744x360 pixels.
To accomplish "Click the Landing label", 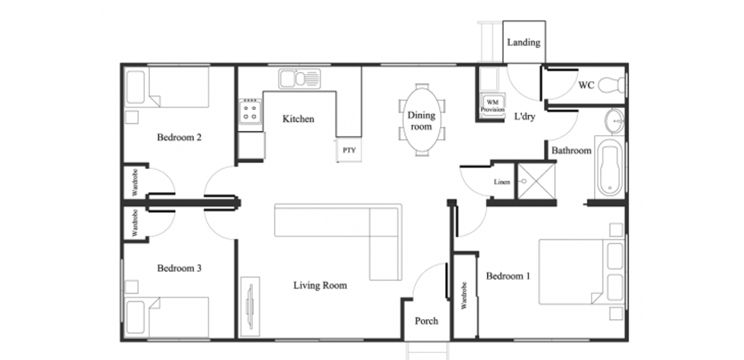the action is point(523,43).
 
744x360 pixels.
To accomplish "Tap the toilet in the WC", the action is point(611,84).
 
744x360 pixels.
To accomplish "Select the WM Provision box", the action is point(492,106).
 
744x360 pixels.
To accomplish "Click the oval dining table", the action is point(422,120).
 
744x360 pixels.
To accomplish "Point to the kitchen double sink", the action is point(299,79).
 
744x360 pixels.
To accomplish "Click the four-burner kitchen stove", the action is point(250,112).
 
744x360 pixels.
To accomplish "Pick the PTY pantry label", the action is point(349,151).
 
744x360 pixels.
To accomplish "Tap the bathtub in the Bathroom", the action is point(610,168).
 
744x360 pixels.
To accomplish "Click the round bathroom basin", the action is point(614,121).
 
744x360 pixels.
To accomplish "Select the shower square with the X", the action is point(536,181).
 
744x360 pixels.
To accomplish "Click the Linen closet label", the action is point(502,182).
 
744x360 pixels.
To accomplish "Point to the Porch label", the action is point(427,321).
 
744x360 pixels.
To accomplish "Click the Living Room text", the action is point(320,286).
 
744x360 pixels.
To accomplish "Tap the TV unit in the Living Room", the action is point(250,307).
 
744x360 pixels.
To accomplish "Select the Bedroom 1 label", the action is point(508,276).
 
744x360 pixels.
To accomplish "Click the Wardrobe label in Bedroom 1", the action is point(464,296).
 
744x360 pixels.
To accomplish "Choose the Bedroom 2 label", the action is point(179,138).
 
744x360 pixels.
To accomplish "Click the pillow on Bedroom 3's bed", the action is point(136,317).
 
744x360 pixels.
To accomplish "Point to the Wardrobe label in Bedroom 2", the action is point(135,182).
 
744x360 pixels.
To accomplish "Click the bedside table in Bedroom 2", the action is point(132,118).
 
